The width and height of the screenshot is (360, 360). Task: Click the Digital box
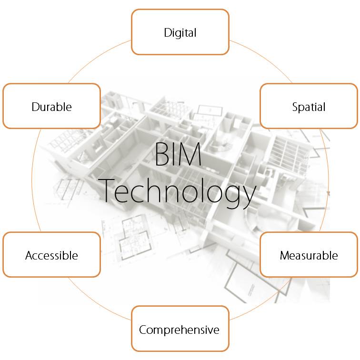pos(180,32)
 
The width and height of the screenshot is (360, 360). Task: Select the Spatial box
pos(309,106)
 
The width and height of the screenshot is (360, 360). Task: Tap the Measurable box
pos(309,254)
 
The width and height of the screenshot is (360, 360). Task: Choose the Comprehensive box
pos(180,329)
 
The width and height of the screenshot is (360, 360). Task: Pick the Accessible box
pos(51,254)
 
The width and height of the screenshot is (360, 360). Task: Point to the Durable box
pos(51,106)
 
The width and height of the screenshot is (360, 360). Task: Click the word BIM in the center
pos(178,154)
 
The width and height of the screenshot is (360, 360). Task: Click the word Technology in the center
pos(178,192)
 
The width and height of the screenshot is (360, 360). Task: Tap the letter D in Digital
pos(168,32)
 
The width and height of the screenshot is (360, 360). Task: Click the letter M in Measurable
pos(285,255)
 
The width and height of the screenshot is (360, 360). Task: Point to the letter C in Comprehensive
pos(143,330)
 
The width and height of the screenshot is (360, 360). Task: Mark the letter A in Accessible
pos(30,255)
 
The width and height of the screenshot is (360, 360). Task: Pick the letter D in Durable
pos(35,107)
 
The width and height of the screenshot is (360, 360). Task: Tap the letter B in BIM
pos(161,154)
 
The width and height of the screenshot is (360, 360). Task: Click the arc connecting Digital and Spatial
pos(264,58)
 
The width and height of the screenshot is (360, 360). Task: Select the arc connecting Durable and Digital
pos(96,58)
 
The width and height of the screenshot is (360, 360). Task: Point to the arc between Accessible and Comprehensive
pos(96,302)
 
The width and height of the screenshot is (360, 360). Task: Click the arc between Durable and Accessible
pos(32,180)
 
